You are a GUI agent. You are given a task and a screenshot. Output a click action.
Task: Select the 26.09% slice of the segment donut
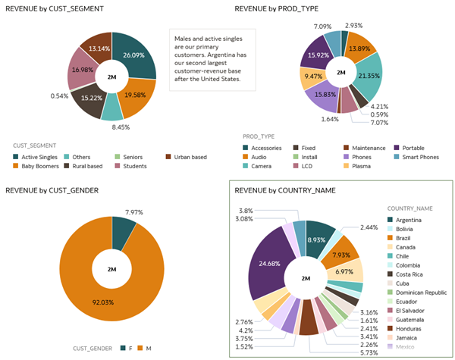138,58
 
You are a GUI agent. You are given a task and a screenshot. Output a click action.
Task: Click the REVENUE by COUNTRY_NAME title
285,190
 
